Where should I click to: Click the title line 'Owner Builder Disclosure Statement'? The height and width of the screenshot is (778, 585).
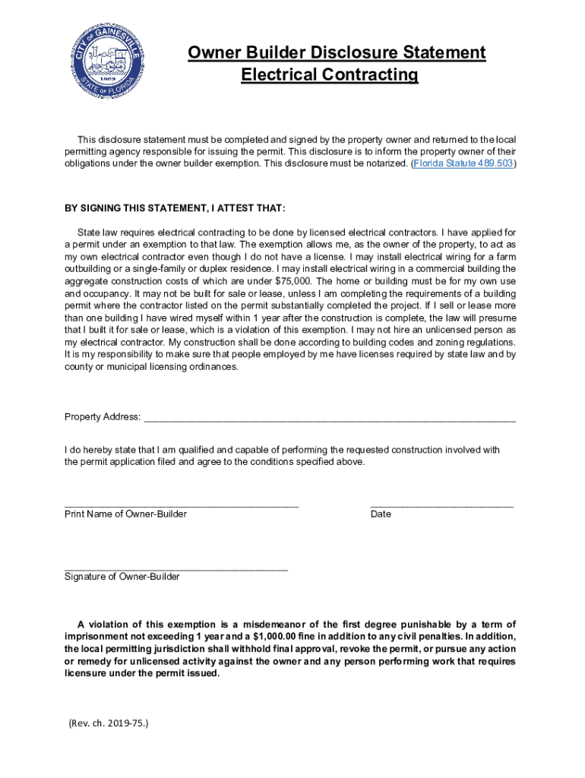pyautogui.click(x=337, y=53)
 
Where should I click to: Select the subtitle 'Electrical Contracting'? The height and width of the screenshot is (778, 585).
pyautogui.click(x=330, y=75)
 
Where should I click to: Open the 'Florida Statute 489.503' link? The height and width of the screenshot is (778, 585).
pyautogui.click(x=463, y=164)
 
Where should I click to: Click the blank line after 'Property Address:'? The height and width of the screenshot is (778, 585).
pyautogui.click(x=330, y=418)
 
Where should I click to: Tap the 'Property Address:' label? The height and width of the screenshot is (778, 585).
pyautogui.click(x=103, y=417)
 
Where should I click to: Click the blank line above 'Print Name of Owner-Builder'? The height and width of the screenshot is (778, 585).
pyautogui.click(x=182, y=504)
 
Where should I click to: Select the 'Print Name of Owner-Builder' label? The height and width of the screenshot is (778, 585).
pyautogui.click(x=125, y=514)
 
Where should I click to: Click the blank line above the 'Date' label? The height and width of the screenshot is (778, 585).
pyautogui.click(x=441, y=504)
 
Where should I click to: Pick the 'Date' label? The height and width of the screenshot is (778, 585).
pyautogui.click(x=381, y=514)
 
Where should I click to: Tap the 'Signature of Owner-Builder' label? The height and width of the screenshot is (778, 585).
pyautogui.click(x=122, y=577)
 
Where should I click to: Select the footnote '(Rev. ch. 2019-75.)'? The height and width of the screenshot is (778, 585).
pyautogui.click(x=108, y=723)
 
